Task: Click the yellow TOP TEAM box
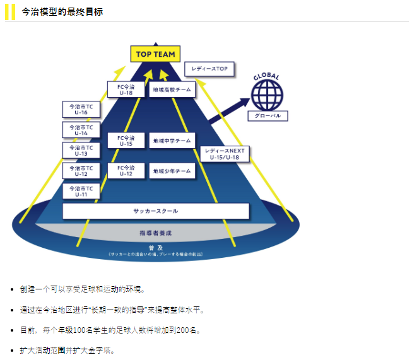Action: [x=155, y=54]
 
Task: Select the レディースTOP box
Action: [x=209, y=69]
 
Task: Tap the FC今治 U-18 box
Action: [x=126, y=90]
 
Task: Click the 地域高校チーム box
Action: [x=172, y=90]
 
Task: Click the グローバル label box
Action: [x=268, y=116]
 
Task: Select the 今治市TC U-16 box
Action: [x=81, y=110]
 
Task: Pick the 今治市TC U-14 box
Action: [x=81, y=130]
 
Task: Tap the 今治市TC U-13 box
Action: [x=81, y=150]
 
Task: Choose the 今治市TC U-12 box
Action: [x=81, y=171]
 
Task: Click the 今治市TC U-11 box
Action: [x=81, y=191]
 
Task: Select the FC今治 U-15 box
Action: [x=126, y=141]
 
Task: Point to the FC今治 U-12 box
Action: [x=126, y=171]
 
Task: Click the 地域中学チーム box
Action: [x=172, y=141]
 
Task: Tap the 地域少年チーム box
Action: [x=172, y=171]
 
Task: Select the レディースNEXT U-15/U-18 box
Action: [x=225, y=154]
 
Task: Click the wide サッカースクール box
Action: [x=155, y=211]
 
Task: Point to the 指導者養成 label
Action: [x=155, y=233]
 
